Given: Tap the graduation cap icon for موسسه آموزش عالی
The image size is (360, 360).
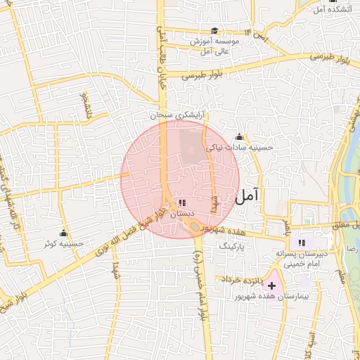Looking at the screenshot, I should (x=214, y=31).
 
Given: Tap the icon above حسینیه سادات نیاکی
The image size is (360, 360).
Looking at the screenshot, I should (x=239, y=136).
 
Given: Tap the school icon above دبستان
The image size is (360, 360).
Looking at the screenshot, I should (x=182, y=202).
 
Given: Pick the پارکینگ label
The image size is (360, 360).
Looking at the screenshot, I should (x=234, y=247).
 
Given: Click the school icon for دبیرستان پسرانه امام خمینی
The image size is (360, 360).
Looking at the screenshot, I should (x=302, y=242).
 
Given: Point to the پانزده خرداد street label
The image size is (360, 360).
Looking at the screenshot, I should (x=241, y=279).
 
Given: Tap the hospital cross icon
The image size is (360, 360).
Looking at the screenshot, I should (x=271, y=286).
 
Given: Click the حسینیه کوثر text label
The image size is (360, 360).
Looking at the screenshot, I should (x=64, y=244).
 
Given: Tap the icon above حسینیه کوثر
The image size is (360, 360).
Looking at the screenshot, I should (x=64, y=233).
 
